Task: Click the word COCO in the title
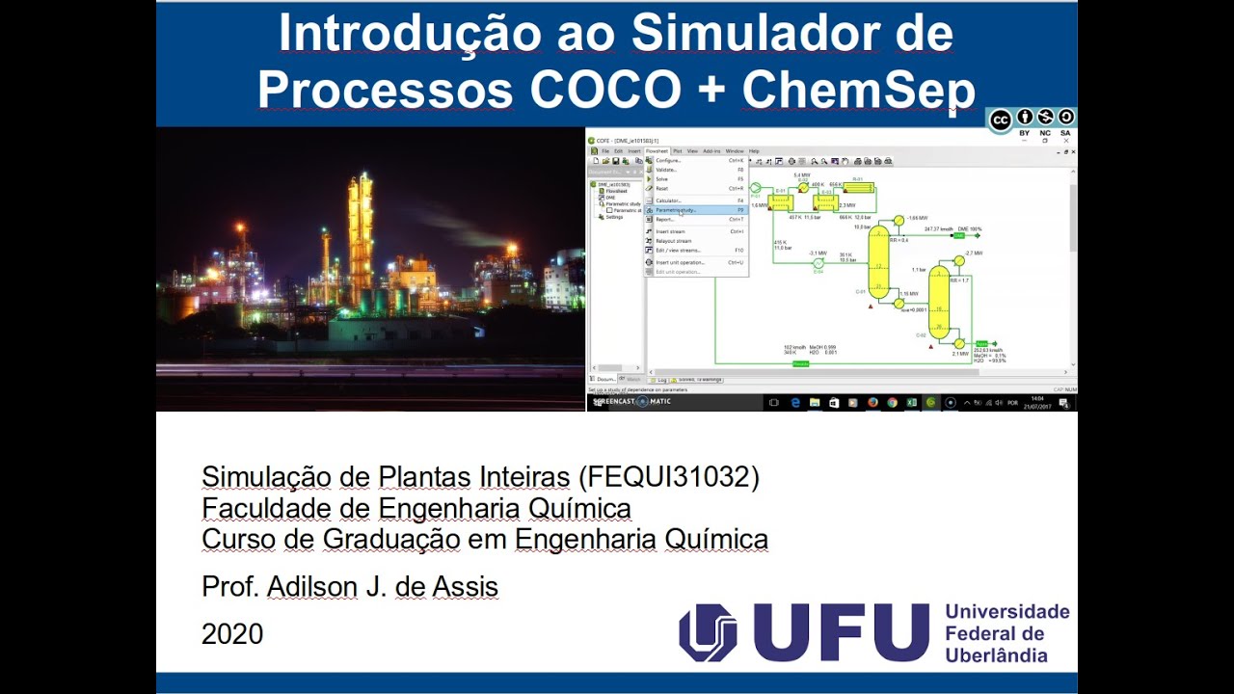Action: (605, 90)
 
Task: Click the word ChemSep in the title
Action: (858, 90)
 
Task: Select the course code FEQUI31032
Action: (668, 476)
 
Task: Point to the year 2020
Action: (232, 634)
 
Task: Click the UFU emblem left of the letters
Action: (708, 632)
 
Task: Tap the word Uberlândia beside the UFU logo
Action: (996, 655)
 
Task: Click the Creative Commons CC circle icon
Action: (1001, 120)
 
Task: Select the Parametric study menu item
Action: (676, 210)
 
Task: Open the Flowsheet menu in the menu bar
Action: (656, 151)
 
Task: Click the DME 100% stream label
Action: (969, 229)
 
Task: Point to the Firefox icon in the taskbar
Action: (872, 402)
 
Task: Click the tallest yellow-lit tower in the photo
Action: (361, 231)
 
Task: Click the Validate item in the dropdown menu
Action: (667, 170)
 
